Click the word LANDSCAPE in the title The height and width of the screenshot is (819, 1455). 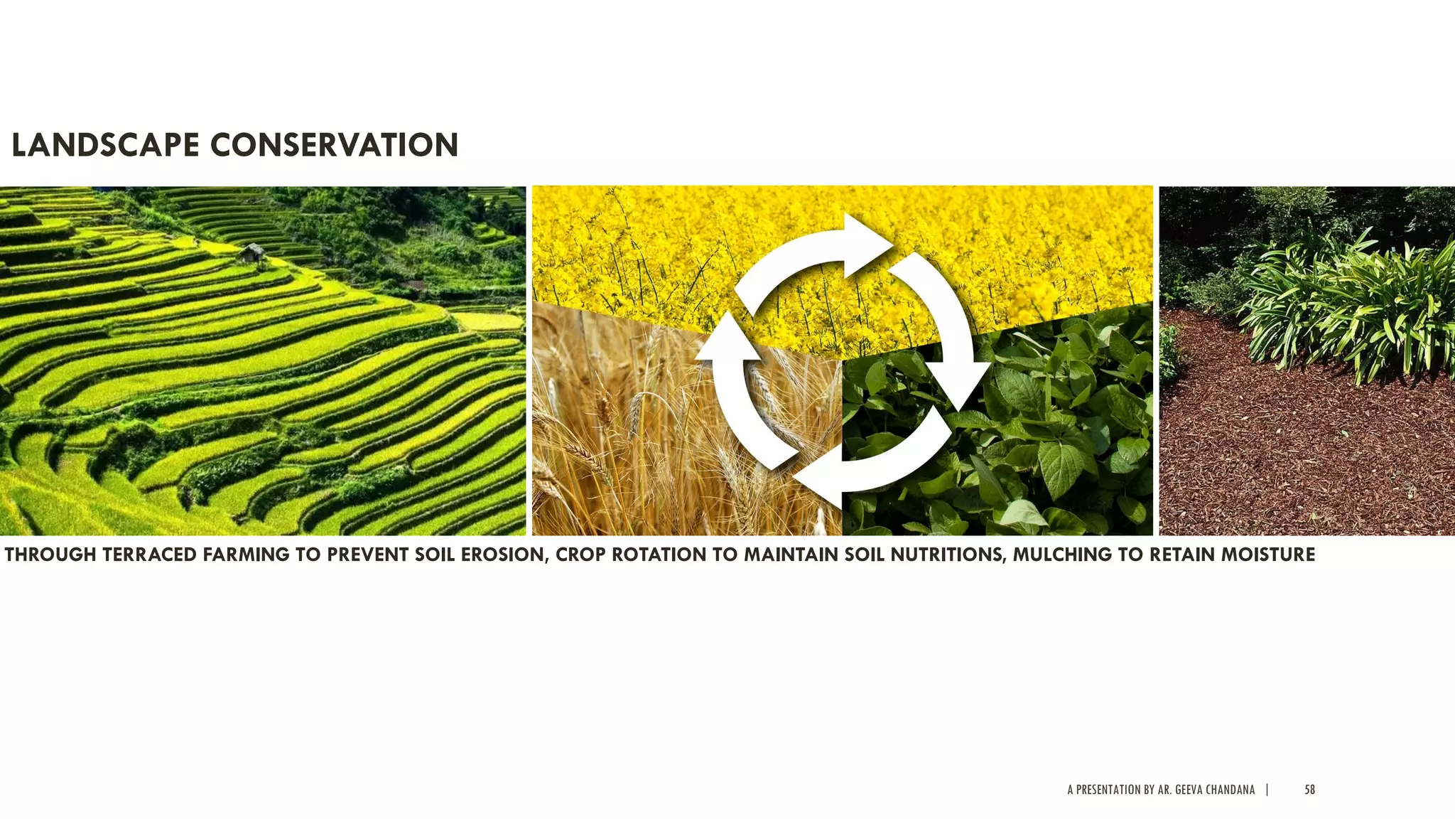(x=105, y=145)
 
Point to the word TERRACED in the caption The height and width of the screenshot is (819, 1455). (x=150, y=555)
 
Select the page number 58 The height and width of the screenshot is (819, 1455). (x=1309, y=790)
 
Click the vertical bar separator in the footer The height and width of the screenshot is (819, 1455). (x=1267, y=790)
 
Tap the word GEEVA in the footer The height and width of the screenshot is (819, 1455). (x=1189, y=790)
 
